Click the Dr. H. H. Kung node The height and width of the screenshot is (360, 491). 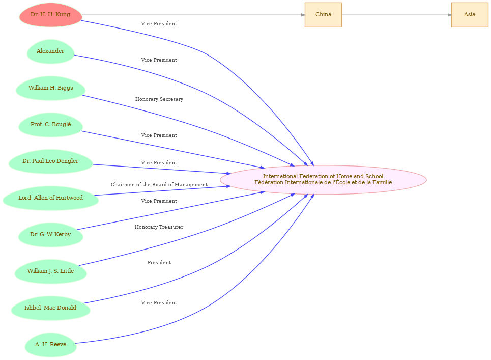pyautogui.click(x=50, y=15)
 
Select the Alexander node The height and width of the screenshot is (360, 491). pyautogui.click(x=50, y=51)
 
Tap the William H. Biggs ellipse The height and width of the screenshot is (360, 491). pyautogui.click(x=50, y=88)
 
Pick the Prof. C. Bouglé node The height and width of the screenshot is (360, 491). pyautogui.click(x=50, y=125)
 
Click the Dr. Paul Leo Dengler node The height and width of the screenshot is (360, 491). pyautogui.click(x=50, y=161)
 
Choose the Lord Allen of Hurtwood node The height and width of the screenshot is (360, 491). pyautogui.click(x=50, y=198)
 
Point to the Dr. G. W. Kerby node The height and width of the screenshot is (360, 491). pyautogui.click(x=50, y=235)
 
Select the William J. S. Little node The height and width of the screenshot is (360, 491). pyautogui.click(x=50, y=271)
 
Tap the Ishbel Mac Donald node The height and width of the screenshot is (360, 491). pyautogui.click(x=50, y=308)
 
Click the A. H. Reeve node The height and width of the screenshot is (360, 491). pyautogui.click(x=50, y=345)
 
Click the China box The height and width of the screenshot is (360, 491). pyautogui.click(x=323, y=15)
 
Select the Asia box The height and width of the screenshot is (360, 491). pyautogui.click(x=470, y=15)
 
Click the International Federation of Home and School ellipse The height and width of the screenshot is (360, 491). pyautogui.click(x=323, y=180)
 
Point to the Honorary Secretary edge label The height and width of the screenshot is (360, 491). pyautogui.click(x=159, y=99)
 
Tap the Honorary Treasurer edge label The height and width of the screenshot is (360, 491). pyautogui.click(x=159, y=227)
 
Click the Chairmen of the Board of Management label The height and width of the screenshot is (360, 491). pyautogui.click(x=159, y=184)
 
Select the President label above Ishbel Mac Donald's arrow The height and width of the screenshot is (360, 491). pyautogui.click(x=159, y=263)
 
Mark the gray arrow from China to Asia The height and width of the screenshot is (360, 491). pyautogui.click(x=396, y=15)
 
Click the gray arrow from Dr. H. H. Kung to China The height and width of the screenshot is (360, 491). pyautogui.click(x=193, y=15)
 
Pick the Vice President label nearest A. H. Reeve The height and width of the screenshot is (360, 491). pyautogui.click(x=159, y=302)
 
